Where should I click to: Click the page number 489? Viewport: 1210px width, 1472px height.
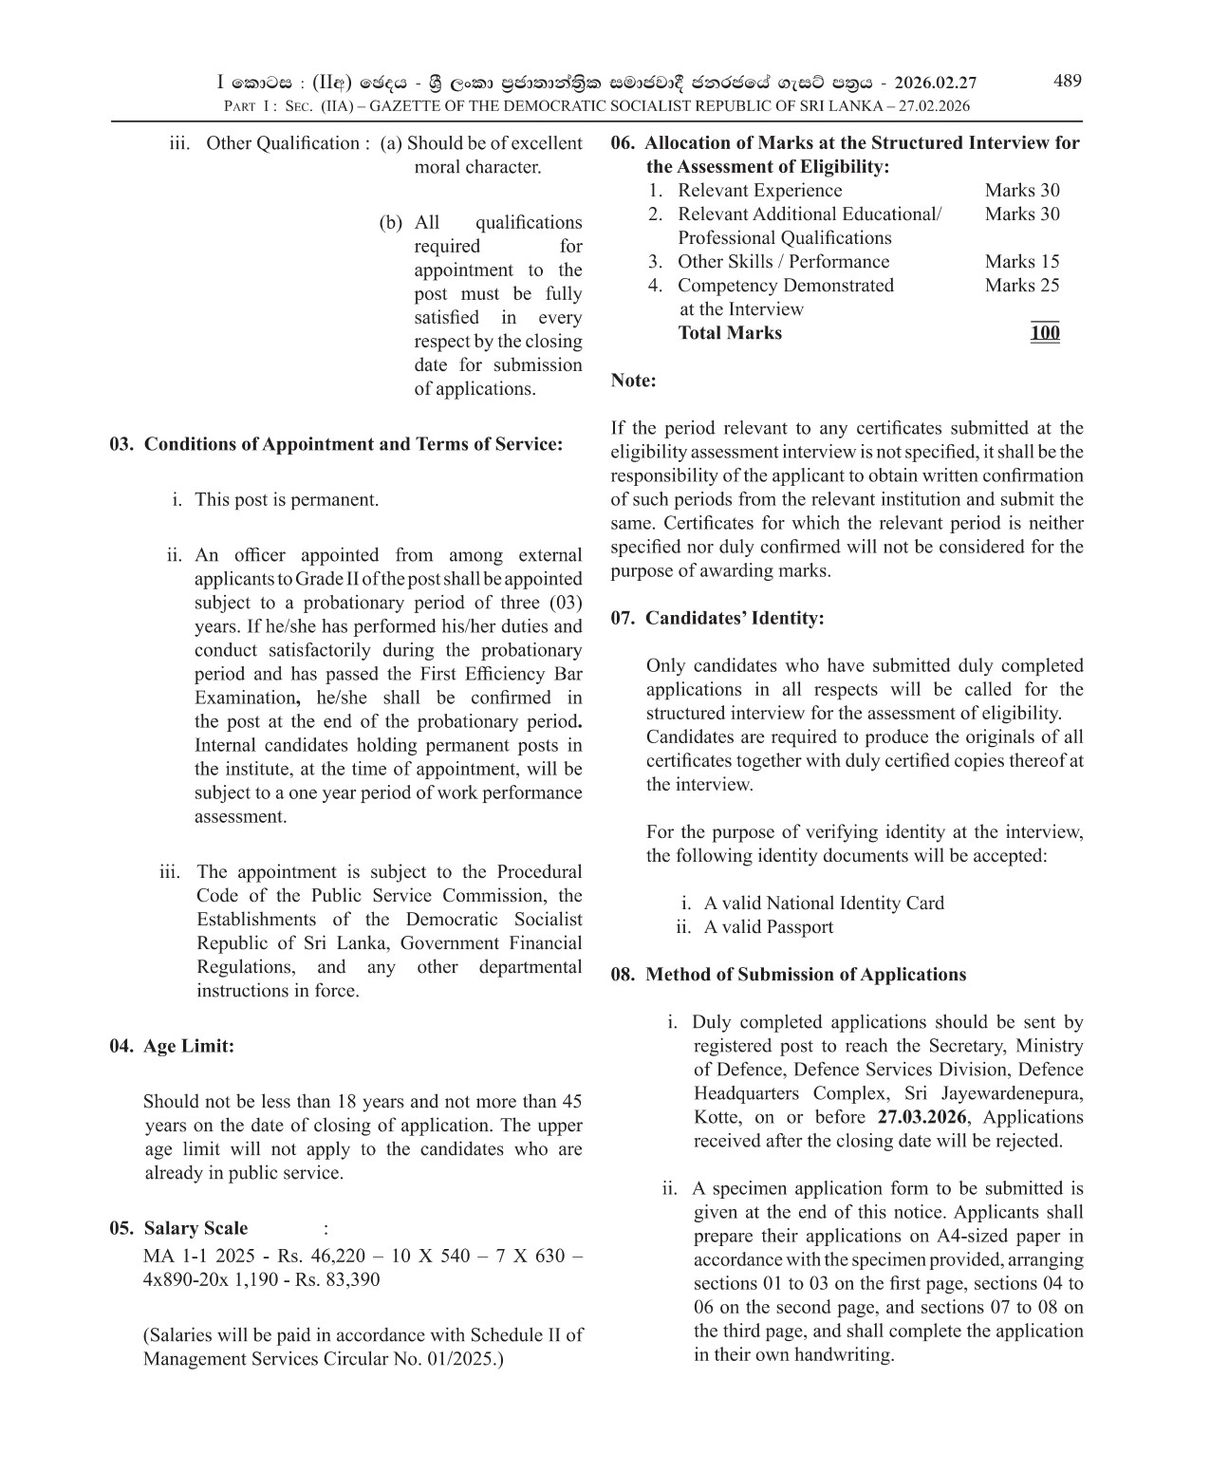(x=1067, y=81)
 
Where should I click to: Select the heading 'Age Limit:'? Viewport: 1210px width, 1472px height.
(x=188, y=1046)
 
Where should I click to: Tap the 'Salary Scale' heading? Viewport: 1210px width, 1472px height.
(x=195, y=1228)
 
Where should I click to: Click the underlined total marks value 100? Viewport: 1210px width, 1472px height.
(x=1044, y=333)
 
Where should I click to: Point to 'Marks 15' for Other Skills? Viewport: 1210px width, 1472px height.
(x=1021, y=262)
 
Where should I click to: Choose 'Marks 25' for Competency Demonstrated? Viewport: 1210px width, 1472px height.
(x=1021, y=286)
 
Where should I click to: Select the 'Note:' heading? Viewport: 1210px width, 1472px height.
(x=633, y=381)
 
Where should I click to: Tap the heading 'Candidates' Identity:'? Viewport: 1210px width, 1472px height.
(x=734, y=618)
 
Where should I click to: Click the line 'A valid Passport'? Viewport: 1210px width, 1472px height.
(x=768, y=927)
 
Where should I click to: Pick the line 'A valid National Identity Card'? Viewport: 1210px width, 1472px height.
(x=823, y=904)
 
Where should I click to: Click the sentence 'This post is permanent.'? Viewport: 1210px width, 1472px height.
(x=286, y=500)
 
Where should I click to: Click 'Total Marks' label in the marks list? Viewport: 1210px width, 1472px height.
(x=730, y=333)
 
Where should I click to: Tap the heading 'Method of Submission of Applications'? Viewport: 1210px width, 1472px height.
(x=805, y=975)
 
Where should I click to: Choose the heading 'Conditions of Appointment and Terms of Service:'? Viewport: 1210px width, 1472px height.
(x=352, y=444)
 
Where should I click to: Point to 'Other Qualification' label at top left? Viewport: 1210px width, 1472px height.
(x=282, y=143)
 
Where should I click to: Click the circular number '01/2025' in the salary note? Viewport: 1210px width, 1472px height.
(x=460, y=1359)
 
